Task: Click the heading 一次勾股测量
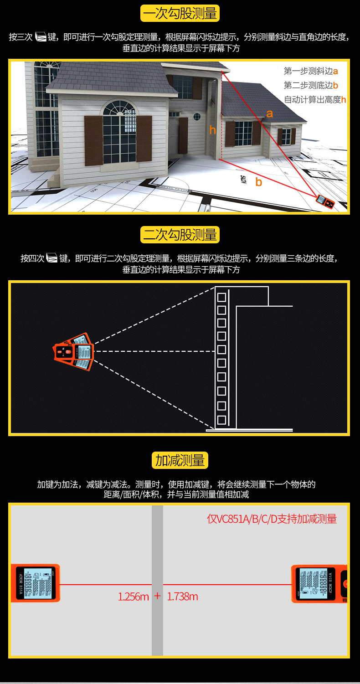(x=180, y=13)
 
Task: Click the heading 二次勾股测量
(x=180, y=235)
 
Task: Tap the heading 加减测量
(x=180, y=461)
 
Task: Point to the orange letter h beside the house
(x=212, y=130)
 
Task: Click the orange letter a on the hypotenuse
(x=269, y=113)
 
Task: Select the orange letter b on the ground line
(x=259, y=183)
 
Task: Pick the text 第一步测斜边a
(x=311, y=71)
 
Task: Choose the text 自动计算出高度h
(x=315, y=100)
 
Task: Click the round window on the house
(x=197, y=116)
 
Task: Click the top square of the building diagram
(x=222, y=297)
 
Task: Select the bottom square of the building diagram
(x=222, y=419)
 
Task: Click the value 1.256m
(x=133, y=597)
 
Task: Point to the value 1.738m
(x=182, y=597)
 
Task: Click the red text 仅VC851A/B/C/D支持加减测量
(x=272, y=519)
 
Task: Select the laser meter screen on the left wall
(x=35, y=584)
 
